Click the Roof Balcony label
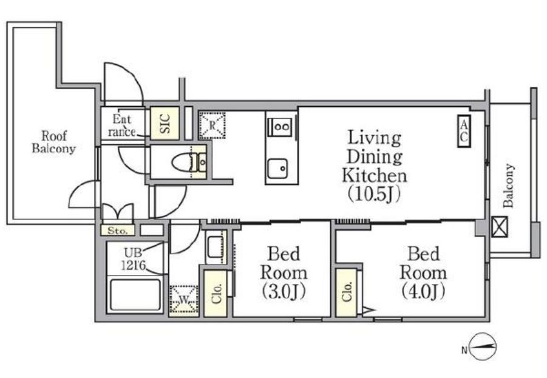[x=53, y=142]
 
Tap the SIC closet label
[x=165, y=123]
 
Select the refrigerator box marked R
[x=212, y=126]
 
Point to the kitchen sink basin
[x=277, y=168]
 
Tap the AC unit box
[x=464, y=131]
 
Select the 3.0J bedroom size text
[x=284, y=291]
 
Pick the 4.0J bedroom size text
[x=423, y=291]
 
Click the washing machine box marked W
[x=183, y=300]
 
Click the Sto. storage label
[x=117, y=231]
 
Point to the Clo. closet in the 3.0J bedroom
[x=216, y=294]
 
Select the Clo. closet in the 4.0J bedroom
[x=347, y=292]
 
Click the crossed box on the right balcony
[x=500, y=227]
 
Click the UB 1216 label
[x=133, y=258]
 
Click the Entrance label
[x=122, y=126]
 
